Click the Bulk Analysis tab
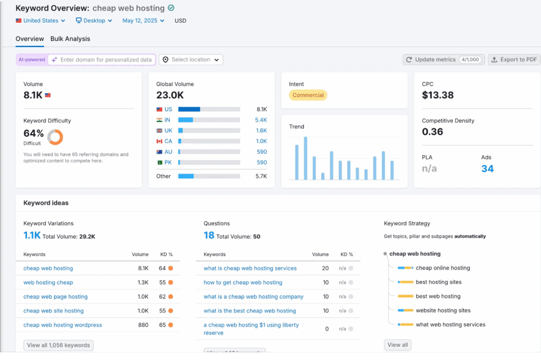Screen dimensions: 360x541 (70, 39)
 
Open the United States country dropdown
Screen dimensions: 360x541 (41, 21)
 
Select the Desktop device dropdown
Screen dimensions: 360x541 (94, 21)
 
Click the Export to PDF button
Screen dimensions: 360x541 (514, 60)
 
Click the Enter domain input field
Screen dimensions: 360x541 (106, 60)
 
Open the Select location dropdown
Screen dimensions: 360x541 (191, 60)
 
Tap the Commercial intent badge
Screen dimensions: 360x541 (308, 95)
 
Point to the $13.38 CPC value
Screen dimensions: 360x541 (438, 95)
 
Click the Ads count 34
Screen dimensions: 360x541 (487, 169)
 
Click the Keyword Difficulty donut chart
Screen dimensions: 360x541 (55, 137)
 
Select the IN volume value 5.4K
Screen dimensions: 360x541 (261, 120)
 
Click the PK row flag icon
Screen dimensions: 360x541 (160, 163)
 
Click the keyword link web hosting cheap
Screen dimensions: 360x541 (48, 282)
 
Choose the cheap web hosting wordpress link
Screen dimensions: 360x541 (62, 325)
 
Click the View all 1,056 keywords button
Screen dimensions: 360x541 (58, 345)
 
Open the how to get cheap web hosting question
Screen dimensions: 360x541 (242, 282)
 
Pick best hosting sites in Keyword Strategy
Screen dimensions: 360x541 (438, 282)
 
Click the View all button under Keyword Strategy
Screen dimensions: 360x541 (397, 345)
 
